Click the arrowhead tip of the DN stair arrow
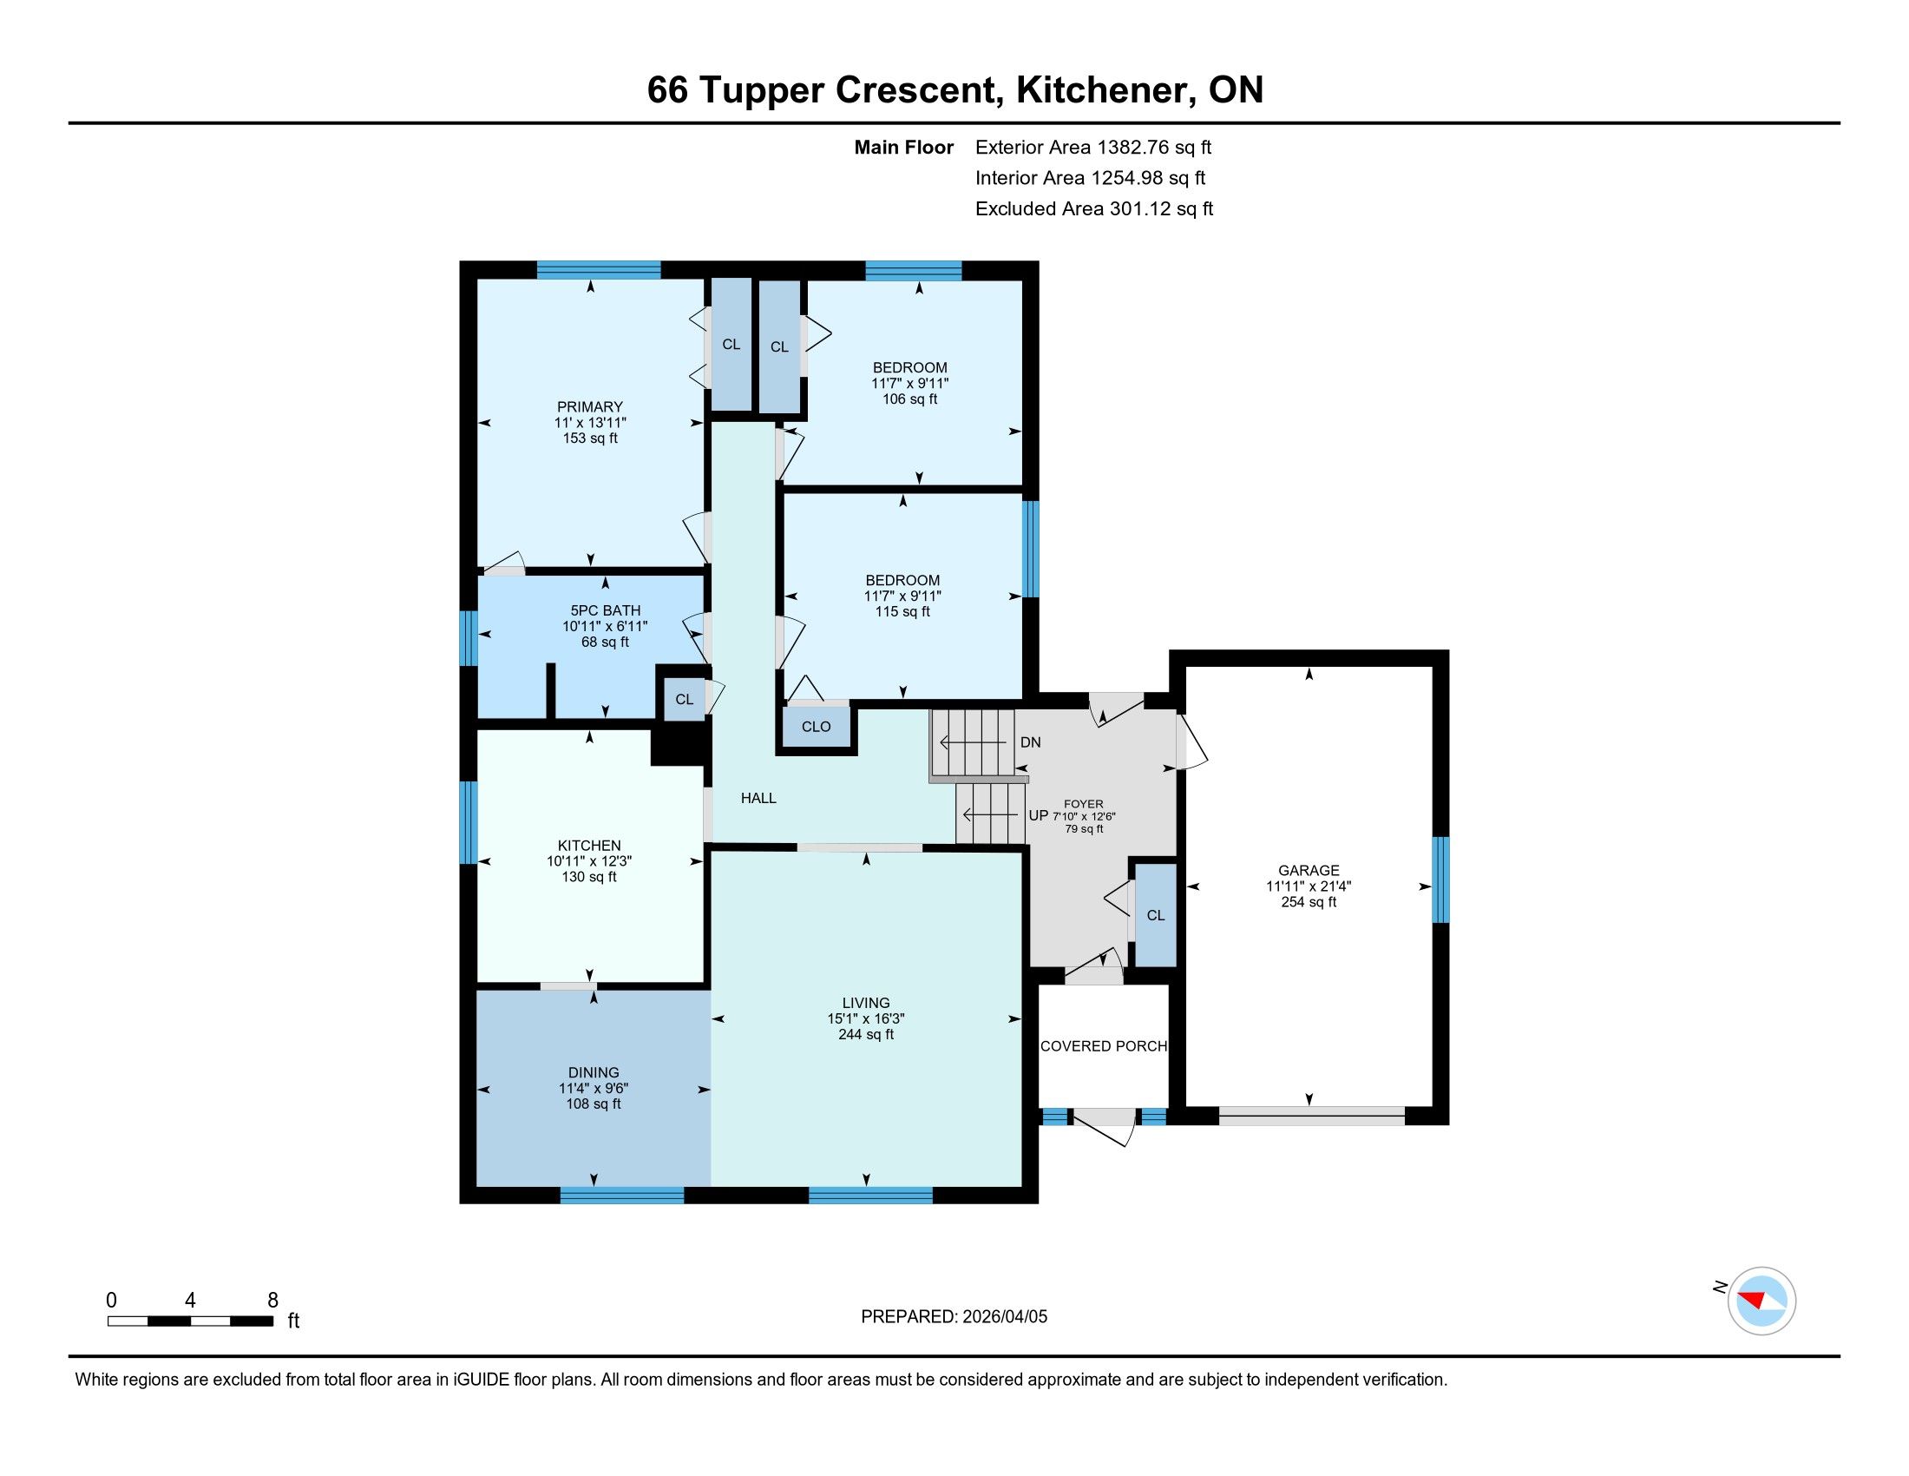click(941, 742)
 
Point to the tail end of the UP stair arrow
click(1023, 815)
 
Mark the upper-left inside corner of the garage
click(1186, 667)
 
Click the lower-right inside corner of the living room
click(1022, 1186)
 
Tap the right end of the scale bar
click(273, 1321)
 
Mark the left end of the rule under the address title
click(69, 123)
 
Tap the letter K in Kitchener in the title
click(1027, 90)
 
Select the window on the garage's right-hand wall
click(1440, 880)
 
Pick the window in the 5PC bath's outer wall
click(469, 637)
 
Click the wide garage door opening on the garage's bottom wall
click(1311, 1115)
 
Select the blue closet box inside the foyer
click(1156, 914)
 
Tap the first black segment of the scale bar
click(168, 1321)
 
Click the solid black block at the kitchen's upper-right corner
click(679, 746)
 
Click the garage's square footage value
click(1309, 901)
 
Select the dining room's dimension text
click(594, 1088)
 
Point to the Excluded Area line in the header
click(1094, 209)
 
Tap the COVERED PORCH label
click(1103, 1046)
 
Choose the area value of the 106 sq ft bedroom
click(910, 399)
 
